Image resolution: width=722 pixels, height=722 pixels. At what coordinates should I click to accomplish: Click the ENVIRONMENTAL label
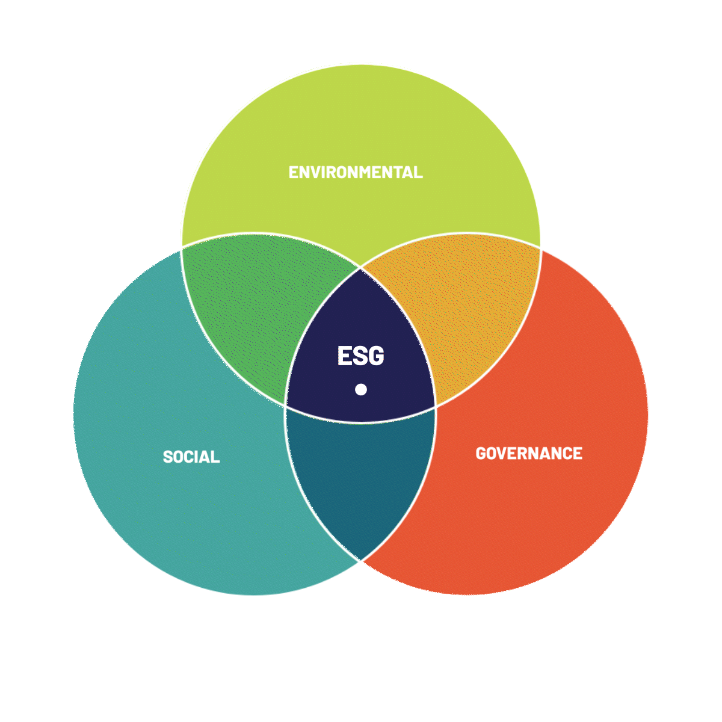(x=356, y=172)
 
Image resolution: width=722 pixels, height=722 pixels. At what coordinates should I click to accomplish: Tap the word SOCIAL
(x=191, y=457)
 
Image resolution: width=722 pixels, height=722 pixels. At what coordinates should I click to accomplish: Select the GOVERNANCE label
(x=529, y=453)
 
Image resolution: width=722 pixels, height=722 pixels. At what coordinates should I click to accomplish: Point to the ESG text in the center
(x=360, y=356)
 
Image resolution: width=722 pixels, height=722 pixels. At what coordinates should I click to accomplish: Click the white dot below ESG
(x=361, y=389)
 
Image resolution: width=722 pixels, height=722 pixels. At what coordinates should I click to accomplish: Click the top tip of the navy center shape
(x=361, y=268)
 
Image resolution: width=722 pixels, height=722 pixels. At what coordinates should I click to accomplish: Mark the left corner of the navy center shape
(x=286, y=406)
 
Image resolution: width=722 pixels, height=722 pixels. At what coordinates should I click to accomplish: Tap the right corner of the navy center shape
(x=435, y=406)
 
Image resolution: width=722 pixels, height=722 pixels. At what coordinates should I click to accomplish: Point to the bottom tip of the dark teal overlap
(x=361, y=561)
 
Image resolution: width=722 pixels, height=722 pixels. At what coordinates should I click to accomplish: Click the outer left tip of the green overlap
(x=182, y=247)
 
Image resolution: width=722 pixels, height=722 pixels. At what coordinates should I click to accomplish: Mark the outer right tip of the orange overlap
(x=540, y=247)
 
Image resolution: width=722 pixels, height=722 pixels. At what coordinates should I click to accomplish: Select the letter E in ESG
(x=344, y=356)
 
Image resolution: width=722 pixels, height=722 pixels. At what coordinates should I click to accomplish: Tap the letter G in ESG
(x=376, y=356)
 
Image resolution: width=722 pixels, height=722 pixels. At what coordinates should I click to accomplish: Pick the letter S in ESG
(x=360, y=356)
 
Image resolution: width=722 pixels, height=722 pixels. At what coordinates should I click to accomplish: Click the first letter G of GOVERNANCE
(x=481, y=453)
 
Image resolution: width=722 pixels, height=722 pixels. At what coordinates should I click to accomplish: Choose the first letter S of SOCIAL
(x=168, y=457)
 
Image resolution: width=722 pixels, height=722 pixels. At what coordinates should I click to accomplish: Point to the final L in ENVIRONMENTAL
(x=419, y=172)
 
